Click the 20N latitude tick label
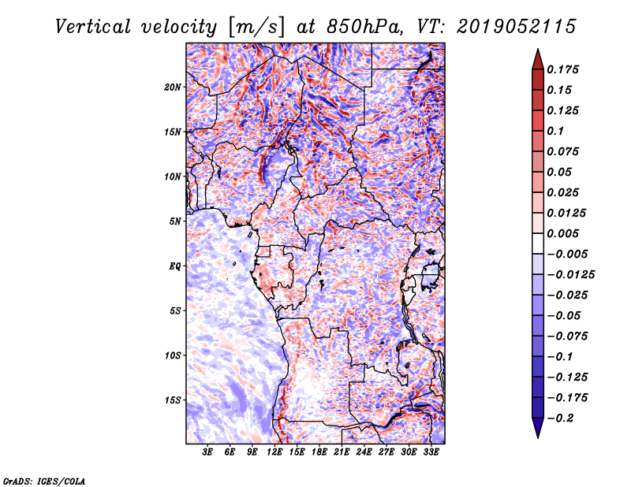click(x=173, y=87)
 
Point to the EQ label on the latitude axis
click(x=174, y=266)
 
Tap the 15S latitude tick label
click(x=173, y=400)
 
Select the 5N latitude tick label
click(x=175, y=221)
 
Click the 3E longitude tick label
click(x=207, y=452)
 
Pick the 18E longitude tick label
click(x=319, y=452)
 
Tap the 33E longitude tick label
click(x=431, y=452)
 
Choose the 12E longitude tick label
click(x=274, y=452)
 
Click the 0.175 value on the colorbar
click(x=562, y=69)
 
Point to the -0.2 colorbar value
click(x=560, y=418)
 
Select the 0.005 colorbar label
click(x=562, y=233)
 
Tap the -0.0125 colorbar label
click(x=570, y=275)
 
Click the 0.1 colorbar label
click(x=555, y=131)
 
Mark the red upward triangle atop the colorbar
click(x=538, y=59)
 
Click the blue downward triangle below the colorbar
click(x=538, y=428)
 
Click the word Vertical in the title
click(x=92, y=27)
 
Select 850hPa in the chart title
click(x=365, y=27)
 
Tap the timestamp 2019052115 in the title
click(x=517, y=27)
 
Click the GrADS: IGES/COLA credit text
click(x=44, y=481)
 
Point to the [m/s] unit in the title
click(x=256, y=27)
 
